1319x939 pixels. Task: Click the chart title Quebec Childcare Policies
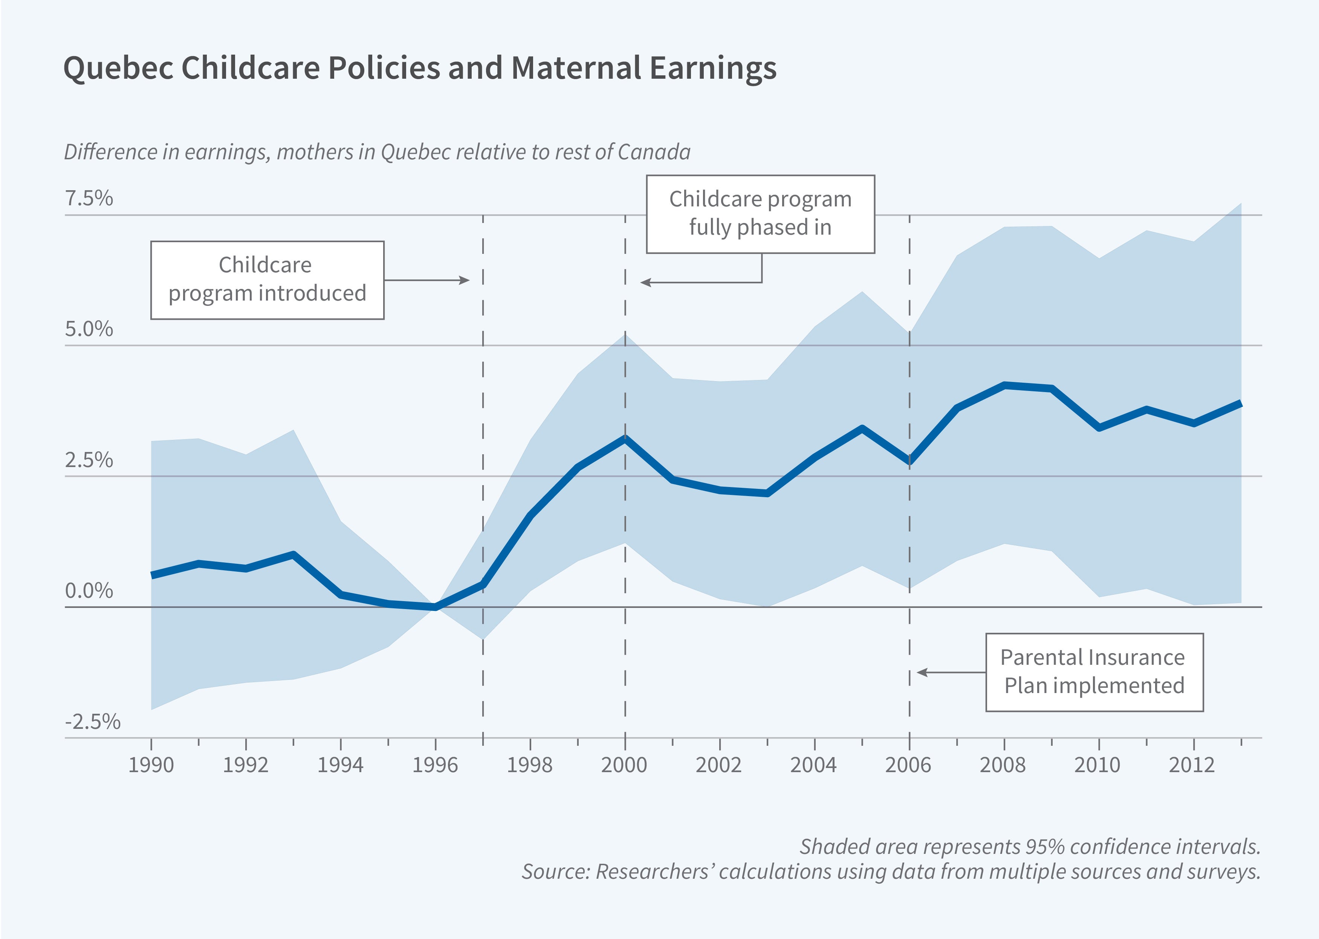[x=419, y=68]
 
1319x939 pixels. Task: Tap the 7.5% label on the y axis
[x=89, y=198]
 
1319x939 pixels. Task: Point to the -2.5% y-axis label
[x=93, y=722]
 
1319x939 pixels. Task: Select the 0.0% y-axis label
[x=89, y=591]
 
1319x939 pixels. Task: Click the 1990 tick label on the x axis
[x=151, y=765]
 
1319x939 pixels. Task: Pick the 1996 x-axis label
[x=435, y=765]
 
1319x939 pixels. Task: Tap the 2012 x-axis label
[x=1192, y=765]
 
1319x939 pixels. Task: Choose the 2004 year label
[x=813, y=765]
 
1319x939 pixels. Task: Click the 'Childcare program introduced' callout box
[x=267, y=280]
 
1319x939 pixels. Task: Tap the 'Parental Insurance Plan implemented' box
[x=1094, y=672]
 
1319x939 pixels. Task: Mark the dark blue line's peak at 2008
[x=1004, y=385]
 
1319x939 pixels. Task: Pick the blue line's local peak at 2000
[x=625, y=438]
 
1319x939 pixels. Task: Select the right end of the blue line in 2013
[x=1240, y=403]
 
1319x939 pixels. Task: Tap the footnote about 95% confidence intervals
[x=1029, y=846]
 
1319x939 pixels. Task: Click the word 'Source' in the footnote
[x=555, y=871]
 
